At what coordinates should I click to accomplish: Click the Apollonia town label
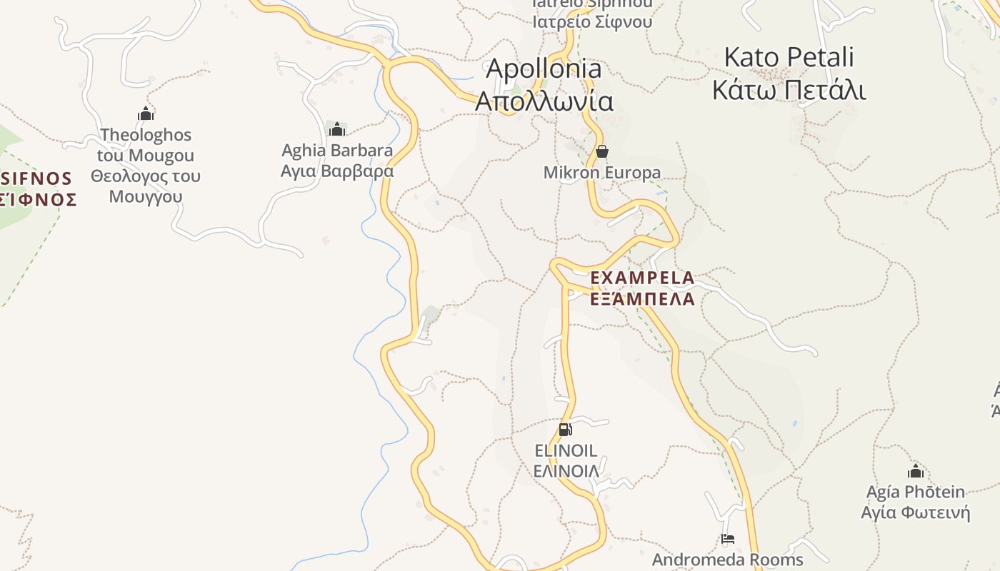tap(544, 69)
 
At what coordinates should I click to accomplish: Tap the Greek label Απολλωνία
tap(544, 101)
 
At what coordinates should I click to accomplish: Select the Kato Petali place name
tap(789, 57)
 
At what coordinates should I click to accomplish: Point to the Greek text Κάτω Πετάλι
tap(789, 91)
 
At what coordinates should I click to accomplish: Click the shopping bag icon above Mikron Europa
tap(601, 151)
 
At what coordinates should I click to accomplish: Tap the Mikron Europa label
tap(601, 173)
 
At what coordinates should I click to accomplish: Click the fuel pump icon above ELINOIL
tap(565, 430)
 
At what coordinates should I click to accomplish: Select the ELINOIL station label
tap(566, 450)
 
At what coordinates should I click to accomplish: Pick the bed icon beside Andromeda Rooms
tap(727, 539)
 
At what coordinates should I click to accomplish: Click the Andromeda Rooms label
tap(727, 560)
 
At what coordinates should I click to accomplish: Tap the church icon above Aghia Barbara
tap(336, 129)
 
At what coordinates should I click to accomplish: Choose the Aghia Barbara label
tap(336, 151)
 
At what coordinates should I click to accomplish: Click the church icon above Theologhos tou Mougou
tap(146, 113)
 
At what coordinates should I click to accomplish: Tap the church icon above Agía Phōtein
tap(915, 471)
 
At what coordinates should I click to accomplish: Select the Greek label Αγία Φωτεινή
tap(915, 512)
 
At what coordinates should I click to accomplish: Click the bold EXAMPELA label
tap(642, 278)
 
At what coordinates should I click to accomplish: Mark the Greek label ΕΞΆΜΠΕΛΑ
tap(642, 298)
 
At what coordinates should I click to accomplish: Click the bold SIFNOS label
tap(36, 178)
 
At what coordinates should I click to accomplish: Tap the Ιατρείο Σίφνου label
tap(592, 21)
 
